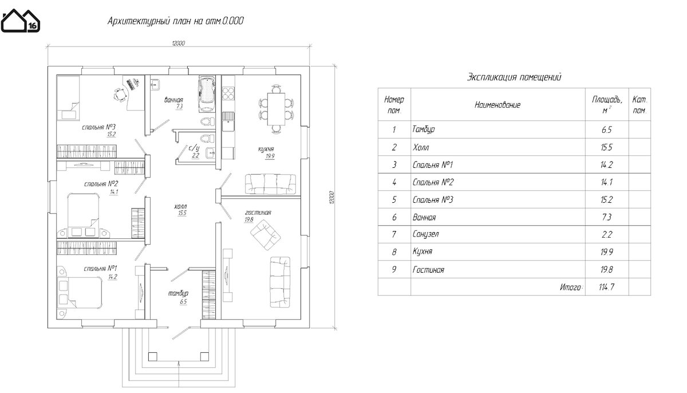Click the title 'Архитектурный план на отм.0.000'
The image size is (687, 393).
(x=176, y=22)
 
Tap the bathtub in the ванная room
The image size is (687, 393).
(x=207, y=92)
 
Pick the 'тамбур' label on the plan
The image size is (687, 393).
(x=178, y=293)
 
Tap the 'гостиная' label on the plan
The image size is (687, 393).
(x=258, y=212)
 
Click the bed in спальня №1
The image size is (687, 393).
(x=80, y=290)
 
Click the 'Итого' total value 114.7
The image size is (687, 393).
(x=607, y=286)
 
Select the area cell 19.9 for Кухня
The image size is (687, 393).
(x=607, y=251)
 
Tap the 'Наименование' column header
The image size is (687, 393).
(x=498, y=105)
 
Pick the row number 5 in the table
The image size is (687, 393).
(x=394, y=200)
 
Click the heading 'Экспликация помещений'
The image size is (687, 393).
(x=514, y=76)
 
